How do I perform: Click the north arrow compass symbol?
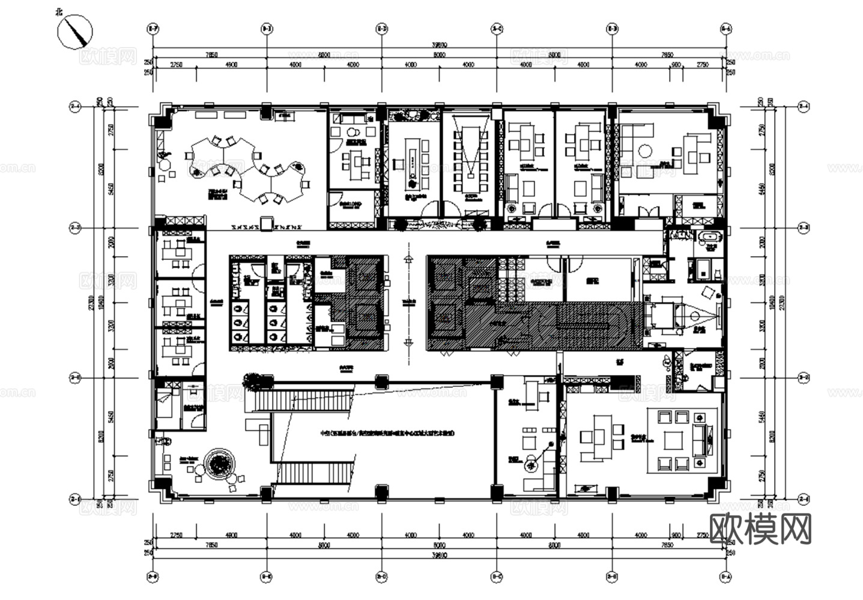click(x=75, y=31)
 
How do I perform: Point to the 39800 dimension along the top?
click(x=440, y=44)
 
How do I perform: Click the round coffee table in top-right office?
click(x=646, y=151)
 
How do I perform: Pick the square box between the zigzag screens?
click(x=267, y=221)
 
